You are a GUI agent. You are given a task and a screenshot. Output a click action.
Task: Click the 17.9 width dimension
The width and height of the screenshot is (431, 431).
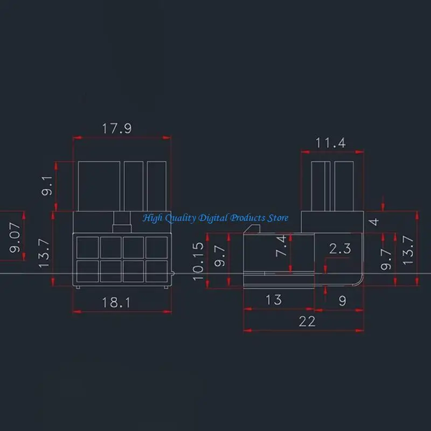(117, 129)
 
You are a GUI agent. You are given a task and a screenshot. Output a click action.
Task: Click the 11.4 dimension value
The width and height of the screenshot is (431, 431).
(330, 143)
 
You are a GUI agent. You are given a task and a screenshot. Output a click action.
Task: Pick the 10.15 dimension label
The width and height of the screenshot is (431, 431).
(199, 261)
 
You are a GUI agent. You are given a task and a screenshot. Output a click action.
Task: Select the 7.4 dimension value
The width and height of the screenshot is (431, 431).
(281, 245)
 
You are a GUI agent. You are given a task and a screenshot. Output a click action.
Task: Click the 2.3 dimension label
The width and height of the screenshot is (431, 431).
(340, 248)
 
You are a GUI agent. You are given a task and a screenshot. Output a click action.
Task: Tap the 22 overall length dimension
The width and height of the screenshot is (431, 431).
(307, 321)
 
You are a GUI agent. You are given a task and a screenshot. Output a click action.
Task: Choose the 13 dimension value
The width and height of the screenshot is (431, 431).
(274, 300)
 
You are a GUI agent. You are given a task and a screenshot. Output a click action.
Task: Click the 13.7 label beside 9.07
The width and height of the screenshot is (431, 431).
(45, 254)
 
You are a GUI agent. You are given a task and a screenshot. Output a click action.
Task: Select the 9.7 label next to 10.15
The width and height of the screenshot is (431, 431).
(219, 255)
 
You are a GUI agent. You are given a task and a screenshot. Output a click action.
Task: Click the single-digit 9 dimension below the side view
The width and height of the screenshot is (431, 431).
(343, 301)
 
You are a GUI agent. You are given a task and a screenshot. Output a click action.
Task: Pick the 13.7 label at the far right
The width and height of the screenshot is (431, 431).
(408, 250)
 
